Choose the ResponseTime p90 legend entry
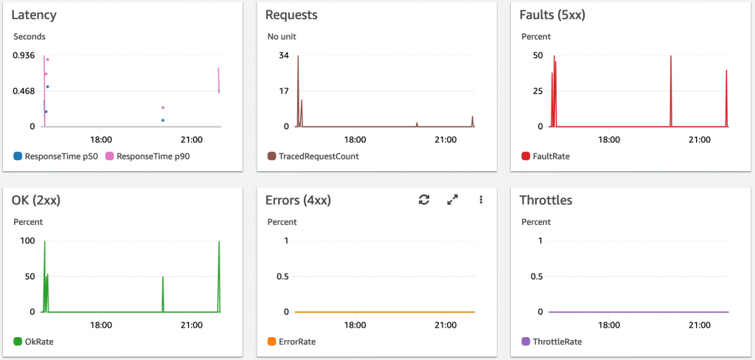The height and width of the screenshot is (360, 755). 148,156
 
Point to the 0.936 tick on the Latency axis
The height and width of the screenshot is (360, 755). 24,55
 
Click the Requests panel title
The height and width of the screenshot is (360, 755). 290,15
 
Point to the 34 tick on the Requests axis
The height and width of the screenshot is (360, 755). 284,55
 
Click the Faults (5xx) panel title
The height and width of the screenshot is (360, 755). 552,15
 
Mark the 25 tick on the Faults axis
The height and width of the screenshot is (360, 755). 537,91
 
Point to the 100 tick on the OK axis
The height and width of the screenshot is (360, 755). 27,240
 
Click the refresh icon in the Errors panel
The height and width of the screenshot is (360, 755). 424,200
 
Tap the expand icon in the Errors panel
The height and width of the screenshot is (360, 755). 453,200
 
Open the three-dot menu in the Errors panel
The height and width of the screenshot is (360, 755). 481,200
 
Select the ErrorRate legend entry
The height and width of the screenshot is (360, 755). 298,342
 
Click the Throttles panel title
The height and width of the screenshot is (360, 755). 546,200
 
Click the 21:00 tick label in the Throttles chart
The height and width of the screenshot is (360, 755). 699,325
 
